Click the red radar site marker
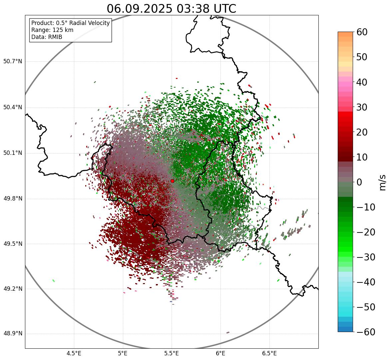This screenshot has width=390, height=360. pos(172,181)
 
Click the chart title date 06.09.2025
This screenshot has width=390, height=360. pos(140,9)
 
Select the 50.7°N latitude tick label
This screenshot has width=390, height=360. pos(13,62)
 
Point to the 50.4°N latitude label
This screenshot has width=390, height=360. pos(13,108)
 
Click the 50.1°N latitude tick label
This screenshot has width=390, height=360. pos(13,153)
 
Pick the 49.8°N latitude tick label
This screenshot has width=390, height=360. pos(13,199)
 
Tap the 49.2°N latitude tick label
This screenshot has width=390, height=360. pos(13,289)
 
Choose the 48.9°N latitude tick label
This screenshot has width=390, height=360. pos(13,334)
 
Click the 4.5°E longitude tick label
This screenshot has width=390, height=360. pos(74,353)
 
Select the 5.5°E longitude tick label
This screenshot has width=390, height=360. pos(172,353)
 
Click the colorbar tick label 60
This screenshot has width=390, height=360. pos(362,32)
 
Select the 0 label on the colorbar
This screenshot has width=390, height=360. pos(359,182)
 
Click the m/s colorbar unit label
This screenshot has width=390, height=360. pos(382,182)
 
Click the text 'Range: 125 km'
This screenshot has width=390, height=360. pos(52,30)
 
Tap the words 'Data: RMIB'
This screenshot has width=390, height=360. pos(47,37)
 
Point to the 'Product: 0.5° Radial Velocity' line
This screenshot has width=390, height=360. pos(70,23)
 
